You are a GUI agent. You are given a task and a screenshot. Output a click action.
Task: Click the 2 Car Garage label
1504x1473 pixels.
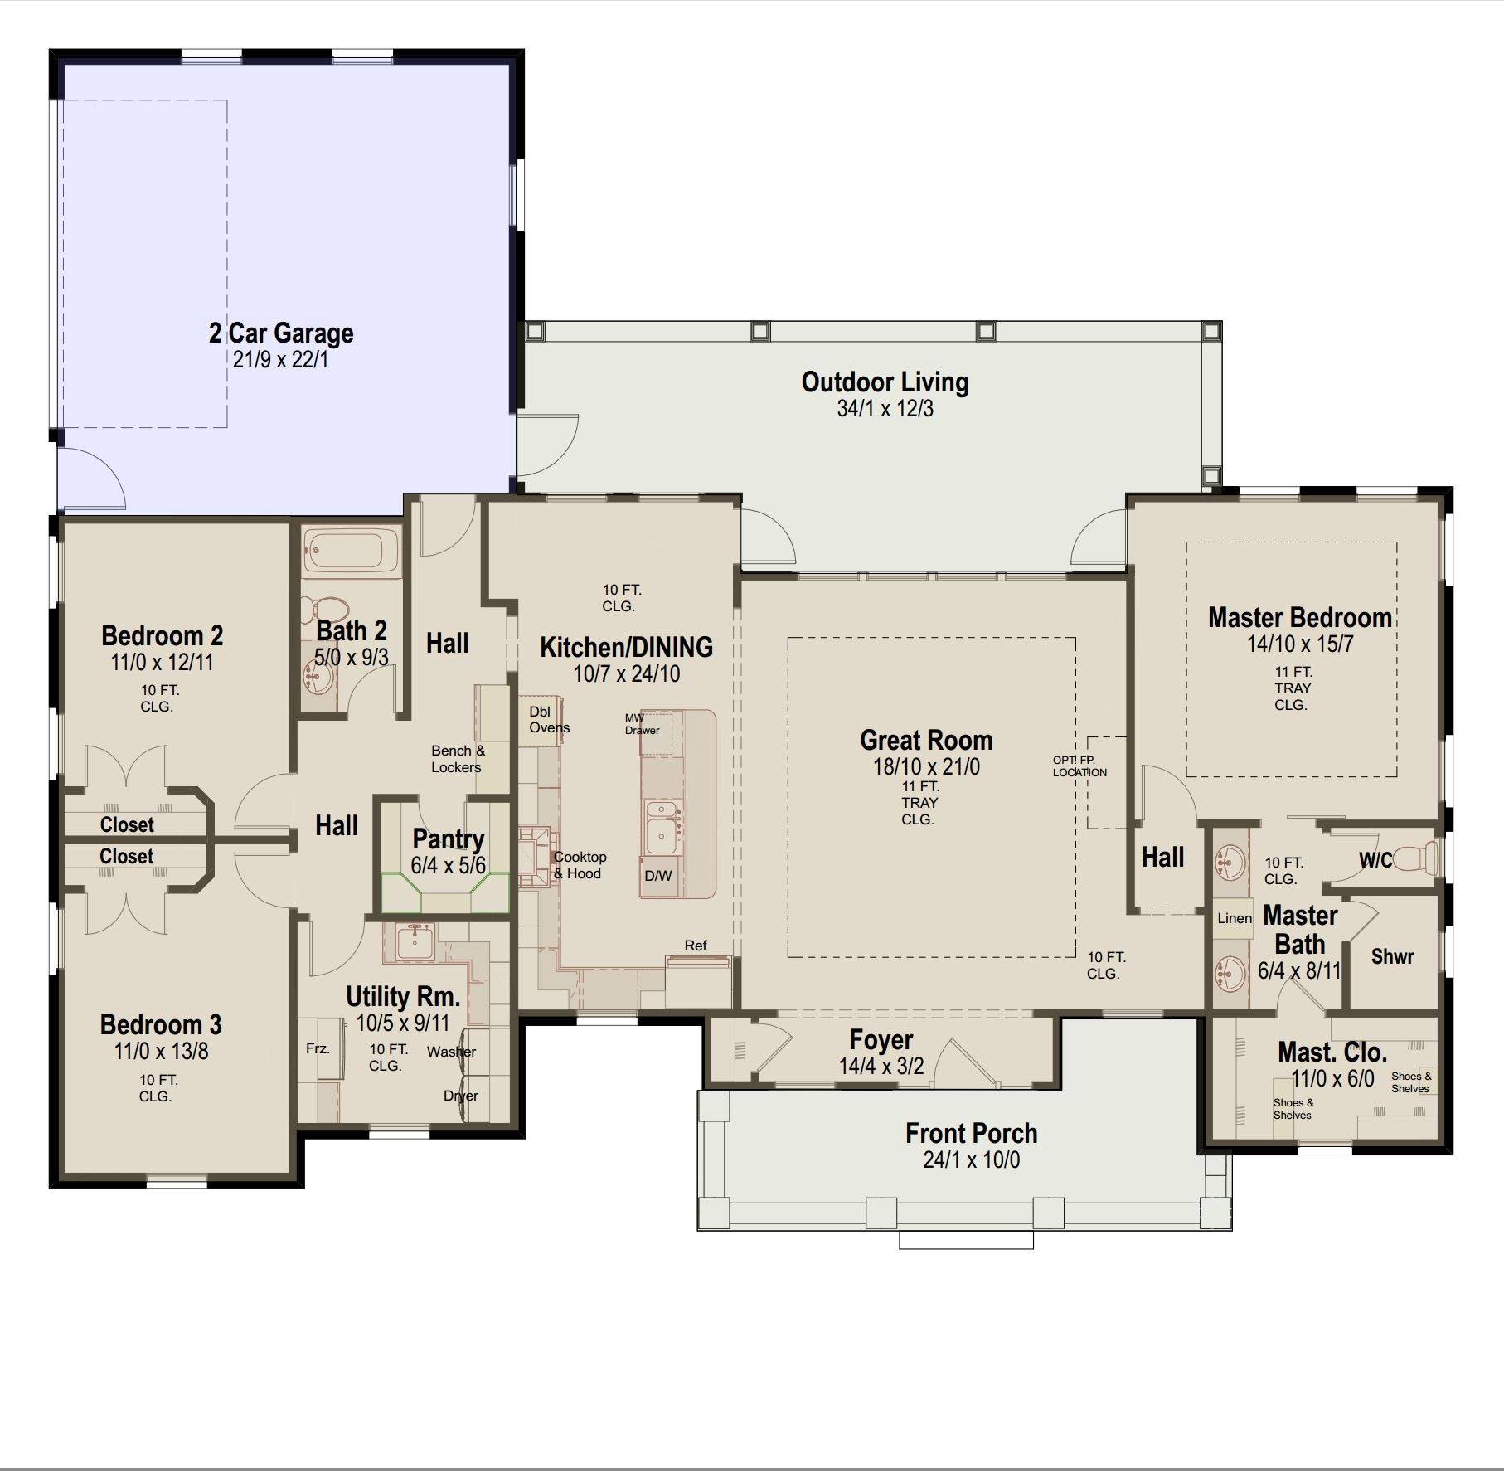tap(281, 333)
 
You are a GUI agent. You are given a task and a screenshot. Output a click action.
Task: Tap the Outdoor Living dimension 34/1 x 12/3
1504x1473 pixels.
tap(885, 408)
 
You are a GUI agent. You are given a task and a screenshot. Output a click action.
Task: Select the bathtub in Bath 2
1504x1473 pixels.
tap(351, 551)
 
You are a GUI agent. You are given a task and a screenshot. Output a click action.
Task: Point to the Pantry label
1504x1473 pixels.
tap(448, 839)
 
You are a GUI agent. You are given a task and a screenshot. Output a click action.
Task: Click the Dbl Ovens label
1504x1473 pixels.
tap(549, 720)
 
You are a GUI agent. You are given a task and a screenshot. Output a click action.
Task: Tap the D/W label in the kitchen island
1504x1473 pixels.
tap(658, 875)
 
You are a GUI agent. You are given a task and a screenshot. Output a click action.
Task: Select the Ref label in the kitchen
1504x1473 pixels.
tap(696, 946)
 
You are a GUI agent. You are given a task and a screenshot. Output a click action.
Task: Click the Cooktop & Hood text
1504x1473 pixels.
tap(580, 865)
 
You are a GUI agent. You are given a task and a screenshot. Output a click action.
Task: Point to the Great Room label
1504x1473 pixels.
tap(925, 740)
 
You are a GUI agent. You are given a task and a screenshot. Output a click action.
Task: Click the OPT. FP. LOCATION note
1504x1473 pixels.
tap(1079, 766)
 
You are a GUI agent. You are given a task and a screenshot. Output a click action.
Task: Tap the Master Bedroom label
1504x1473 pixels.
tap(1299, 618)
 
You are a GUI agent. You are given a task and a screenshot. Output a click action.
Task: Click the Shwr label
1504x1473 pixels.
tap(1392, 956)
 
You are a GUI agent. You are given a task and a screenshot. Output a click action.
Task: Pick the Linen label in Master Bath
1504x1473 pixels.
tap(1235, 918)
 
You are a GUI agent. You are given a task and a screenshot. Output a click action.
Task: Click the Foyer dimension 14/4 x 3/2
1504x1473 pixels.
tap(881, 1066)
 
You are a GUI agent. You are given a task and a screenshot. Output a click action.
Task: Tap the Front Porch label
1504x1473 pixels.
tap(971, 1133)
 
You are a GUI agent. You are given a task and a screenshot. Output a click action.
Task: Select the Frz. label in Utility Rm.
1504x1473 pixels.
tap(318, 1048)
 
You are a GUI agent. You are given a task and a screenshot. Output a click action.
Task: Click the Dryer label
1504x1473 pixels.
tap(460, 1096)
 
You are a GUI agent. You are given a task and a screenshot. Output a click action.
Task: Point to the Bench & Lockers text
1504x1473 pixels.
tap(457, 759)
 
